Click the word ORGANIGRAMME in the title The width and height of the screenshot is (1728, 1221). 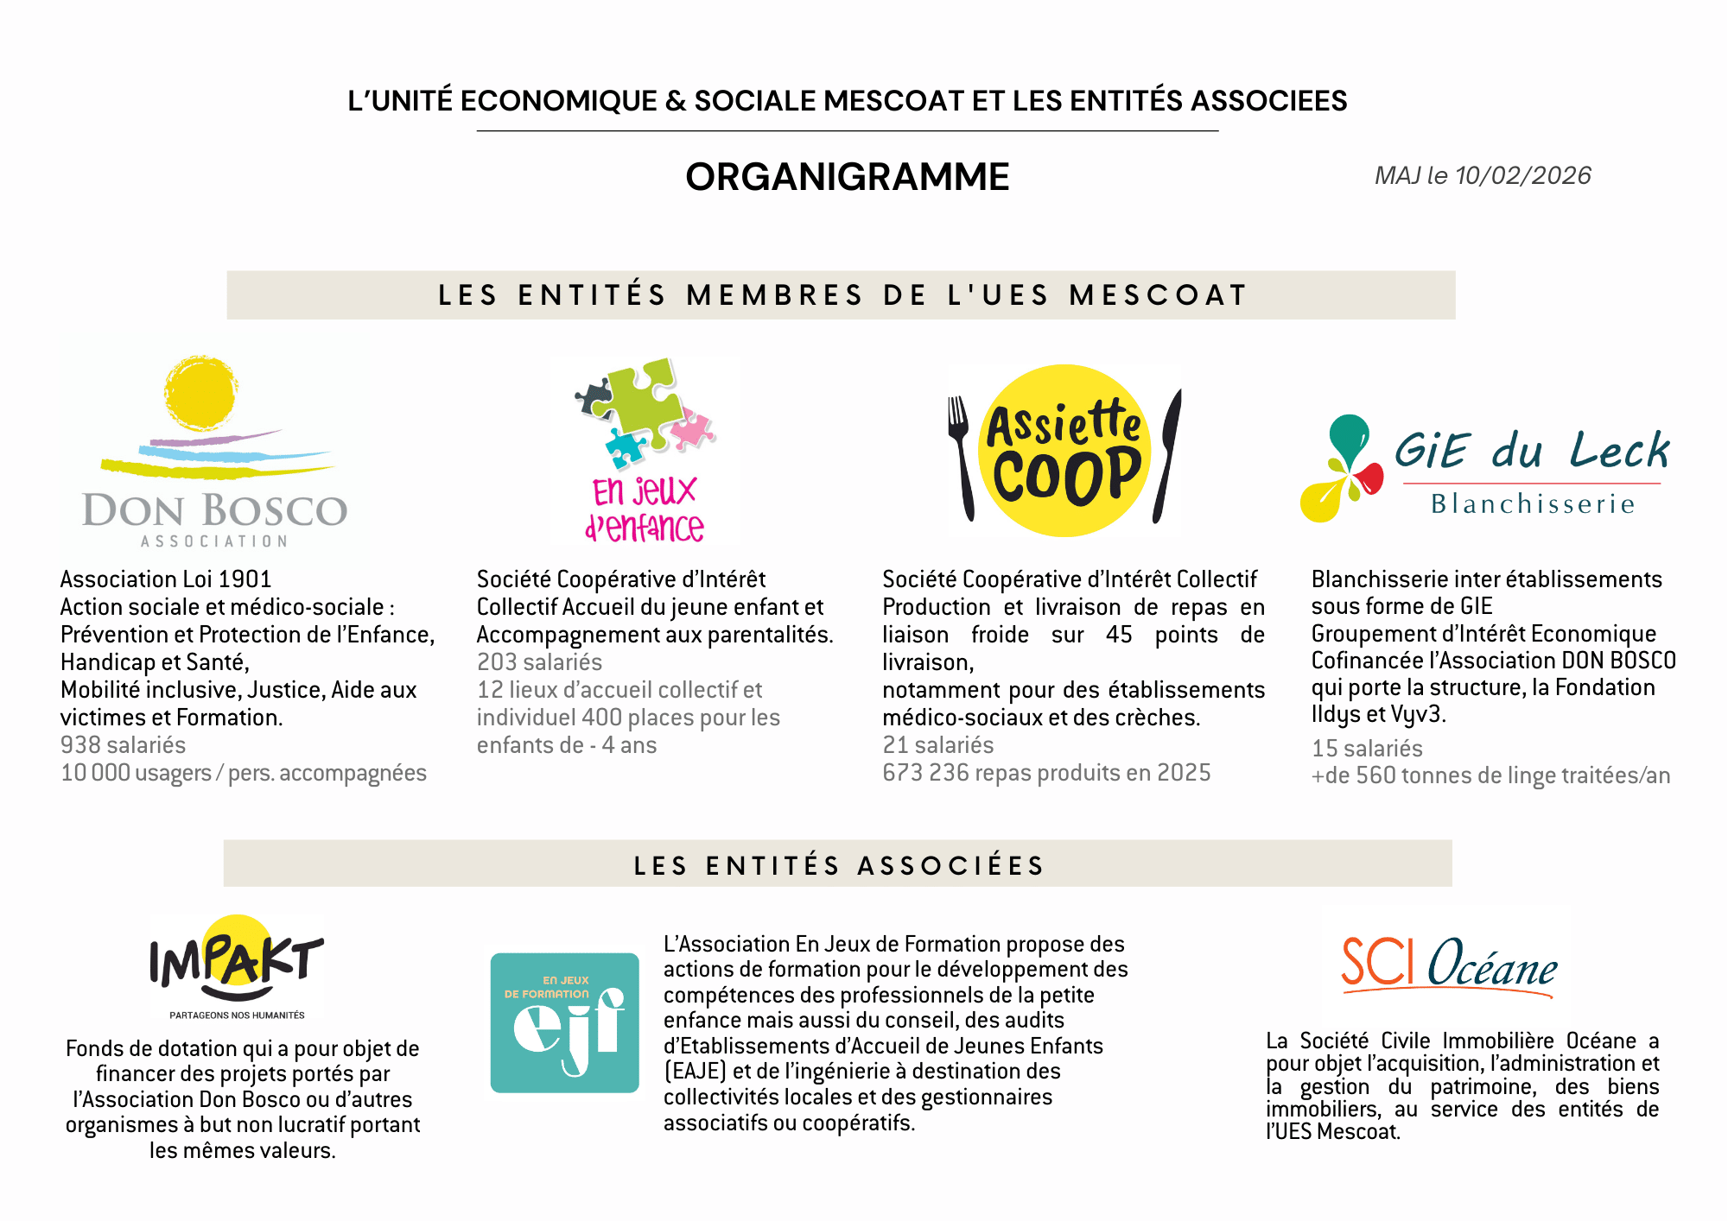coord(847,177)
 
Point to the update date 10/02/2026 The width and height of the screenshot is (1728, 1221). coord(1522,176)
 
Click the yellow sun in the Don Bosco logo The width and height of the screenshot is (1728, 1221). coord(200,393)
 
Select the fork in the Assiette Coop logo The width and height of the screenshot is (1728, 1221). coord(961,453)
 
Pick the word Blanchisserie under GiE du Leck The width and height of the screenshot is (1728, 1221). coord(1533,504)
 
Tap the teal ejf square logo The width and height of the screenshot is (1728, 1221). coord(564,1023)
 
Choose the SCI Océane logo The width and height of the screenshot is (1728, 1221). coord(1449,963)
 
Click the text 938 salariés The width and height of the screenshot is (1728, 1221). coord(123,745)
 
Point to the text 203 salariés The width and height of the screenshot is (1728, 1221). coord(539,662)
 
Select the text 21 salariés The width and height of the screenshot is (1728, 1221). coord(937,745)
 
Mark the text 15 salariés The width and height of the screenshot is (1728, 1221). coord(1367,749)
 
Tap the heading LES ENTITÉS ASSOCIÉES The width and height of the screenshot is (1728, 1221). coord(838,865)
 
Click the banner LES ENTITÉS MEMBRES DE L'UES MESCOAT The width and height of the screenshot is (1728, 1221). coord(842,295)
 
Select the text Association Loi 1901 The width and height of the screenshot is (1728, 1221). coord(166,579)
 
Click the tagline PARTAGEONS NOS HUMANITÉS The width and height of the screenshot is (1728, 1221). coord(237,1015)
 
